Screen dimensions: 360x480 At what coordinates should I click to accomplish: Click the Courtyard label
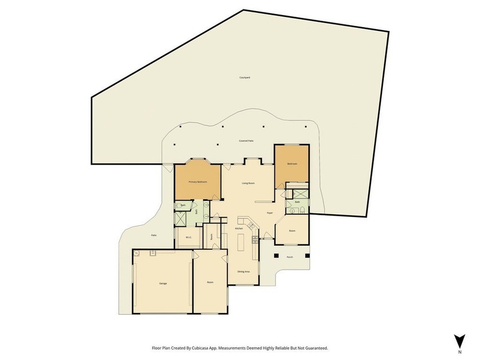click(245, 77)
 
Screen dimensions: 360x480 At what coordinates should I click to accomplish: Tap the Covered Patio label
click(246, 141)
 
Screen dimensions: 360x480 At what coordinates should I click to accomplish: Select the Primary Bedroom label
click(197, 182)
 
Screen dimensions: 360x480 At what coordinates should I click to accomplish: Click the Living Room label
click(248, 183)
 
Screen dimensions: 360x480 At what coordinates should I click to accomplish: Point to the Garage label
click(163, 283)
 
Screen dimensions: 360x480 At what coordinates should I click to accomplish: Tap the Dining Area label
click(243, 271)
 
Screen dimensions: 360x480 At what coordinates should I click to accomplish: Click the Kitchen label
click(239, 228)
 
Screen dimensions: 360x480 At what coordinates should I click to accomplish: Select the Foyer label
click(269, 213)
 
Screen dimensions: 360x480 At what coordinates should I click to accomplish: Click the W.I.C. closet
click(187, 238)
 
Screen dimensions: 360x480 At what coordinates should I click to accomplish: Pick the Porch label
click(290, 257)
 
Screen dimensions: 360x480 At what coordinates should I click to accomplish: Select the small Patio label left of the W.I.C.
click(154, 235)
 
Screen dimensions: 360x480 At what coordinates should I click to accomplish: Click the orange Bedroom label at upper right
click(292, 164)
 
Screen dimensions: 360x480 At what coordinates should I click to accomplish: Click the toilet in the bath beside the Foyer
click(293, 210)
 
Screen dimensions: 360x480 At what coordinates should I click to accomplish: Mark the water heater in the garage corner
click(137, 254)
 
